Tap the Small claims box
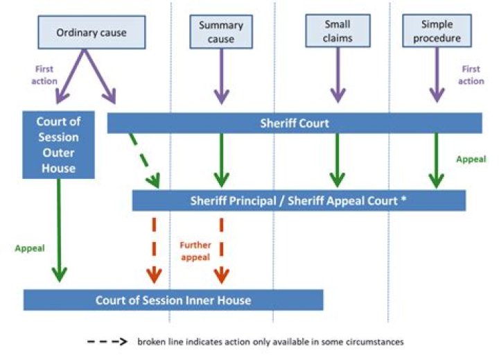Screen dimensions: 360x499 (x=337, y=31)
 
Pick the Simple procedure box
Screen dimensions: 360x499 (x=436, y=31)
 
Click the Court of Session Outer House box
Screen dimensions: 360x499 (x=58, y=144)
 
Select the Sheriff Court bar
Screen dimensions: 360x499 (x=295, y=123)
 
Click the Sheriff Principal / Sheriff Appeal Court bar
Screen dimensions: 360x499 (x=299, y=201)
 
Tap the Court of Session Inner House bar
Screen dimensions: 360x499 (x=173, y=300)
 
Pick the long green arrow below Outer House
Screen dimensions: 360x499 (x=59, y=229)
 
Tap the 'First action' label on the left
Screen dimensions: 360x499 (x=44, y=75)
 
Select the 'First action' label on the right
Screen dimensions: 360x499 (x=471, y=75)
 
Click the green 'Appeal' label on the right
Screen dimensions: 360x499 (x=471, y=159)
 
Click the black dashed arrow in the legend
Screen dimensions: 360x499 (x=107, y=342)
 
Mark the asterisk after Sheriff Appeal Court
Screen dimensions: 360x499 (x=403, y=201)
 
